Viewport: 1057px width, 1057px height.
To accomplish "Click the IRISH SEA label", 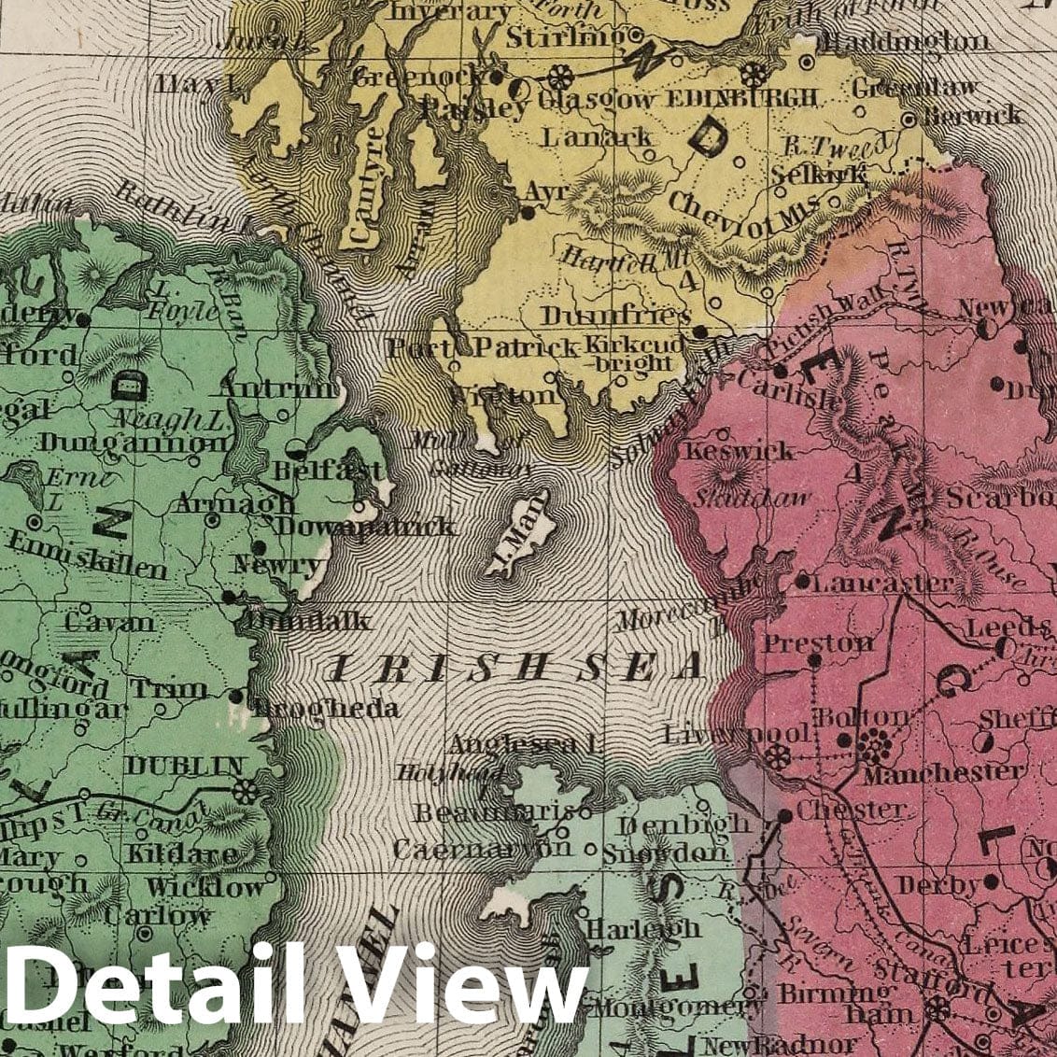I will tap(516, 667).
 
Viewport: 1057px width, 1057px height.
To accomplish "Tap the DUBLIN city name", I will tap(184, 767).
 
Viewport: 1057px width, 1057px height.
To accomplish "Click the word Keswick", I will tap(740, 451).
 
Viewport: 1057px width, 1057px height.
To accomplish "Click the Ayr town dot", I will tap(528, 213).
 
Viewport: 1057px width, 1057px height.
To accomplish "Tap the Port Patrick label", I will tap(483, 348).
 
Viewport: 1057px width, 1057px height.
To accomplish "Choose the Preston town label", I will tap(818, 643).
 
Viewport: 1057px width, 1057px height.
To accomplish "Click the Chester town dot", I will tap(784, 815).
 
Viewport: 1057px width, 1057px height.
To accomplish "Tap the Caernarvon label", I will tap(482, 848).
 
